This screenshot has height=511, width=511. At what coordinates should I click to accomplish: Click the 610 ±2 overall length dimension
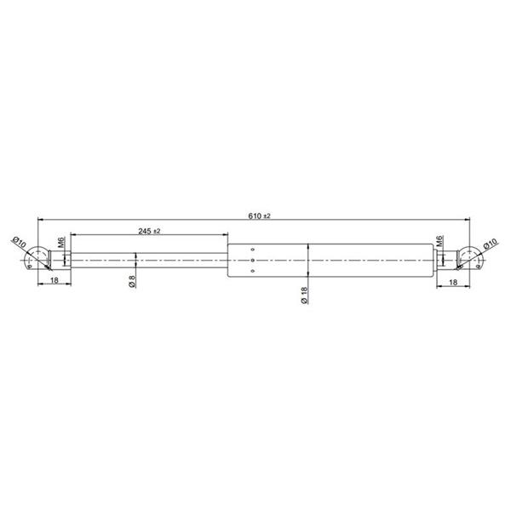[x=259, y=215]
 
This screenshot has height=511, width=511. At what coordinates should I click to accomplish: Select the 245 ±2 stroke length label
[x=149, y=231]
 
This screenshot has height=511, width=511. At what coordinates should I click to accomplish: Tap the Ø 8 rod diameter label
[x=132, y=282]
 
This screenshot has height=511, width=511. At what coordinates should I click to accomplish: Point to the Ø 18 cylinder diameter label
[x=303, y=296]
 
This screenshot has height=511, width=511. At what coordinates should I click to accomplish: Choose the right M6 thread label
[x=439, y=241]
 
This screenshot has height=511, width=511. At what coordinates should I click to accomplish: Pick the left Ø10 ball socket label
[x=20, y=243]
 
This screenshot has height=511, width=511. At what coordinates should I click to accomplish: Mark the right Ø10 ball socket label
[x=491, y=244]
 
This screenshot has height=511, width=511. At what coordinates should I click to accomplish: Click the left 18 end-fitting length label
[x=55, y=280]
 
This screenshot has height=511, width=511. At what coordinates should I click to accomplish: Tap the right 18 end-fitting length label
[x=453, y=282]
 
